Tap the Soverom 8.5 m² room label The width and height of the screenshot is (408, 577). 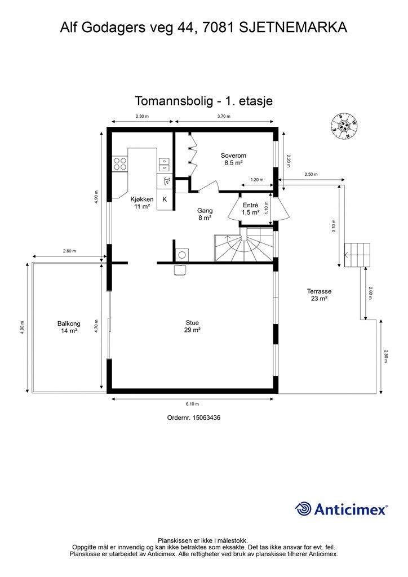tap(233, 159)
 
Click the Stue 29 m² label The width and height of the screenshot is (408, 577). tap(192, 327)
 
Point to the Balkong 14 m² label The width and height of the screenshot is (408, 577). tap(69, 327)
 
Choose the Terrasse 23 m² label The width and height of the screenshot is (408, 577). tap(319, 295)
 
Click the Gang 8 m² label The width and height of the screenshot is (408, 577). tap(205, 214)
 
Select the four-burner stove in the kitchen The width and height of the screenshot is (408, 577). tap(120, 164)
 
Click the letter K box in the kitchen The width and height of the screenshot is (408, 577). tap(165, 199)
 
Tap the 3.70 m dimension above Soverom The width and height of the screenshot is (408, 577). tap(224, 116)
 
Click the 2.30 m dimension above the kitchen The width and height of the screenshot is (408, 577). tap(142, 116)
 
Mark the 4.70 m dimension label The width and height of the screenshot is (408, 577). tap(96, 327)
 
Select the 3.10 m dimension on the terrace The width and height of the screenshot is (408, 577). tap(334, 226)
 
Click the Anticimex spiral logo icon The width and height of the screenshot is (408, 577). tap(303, 509)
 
